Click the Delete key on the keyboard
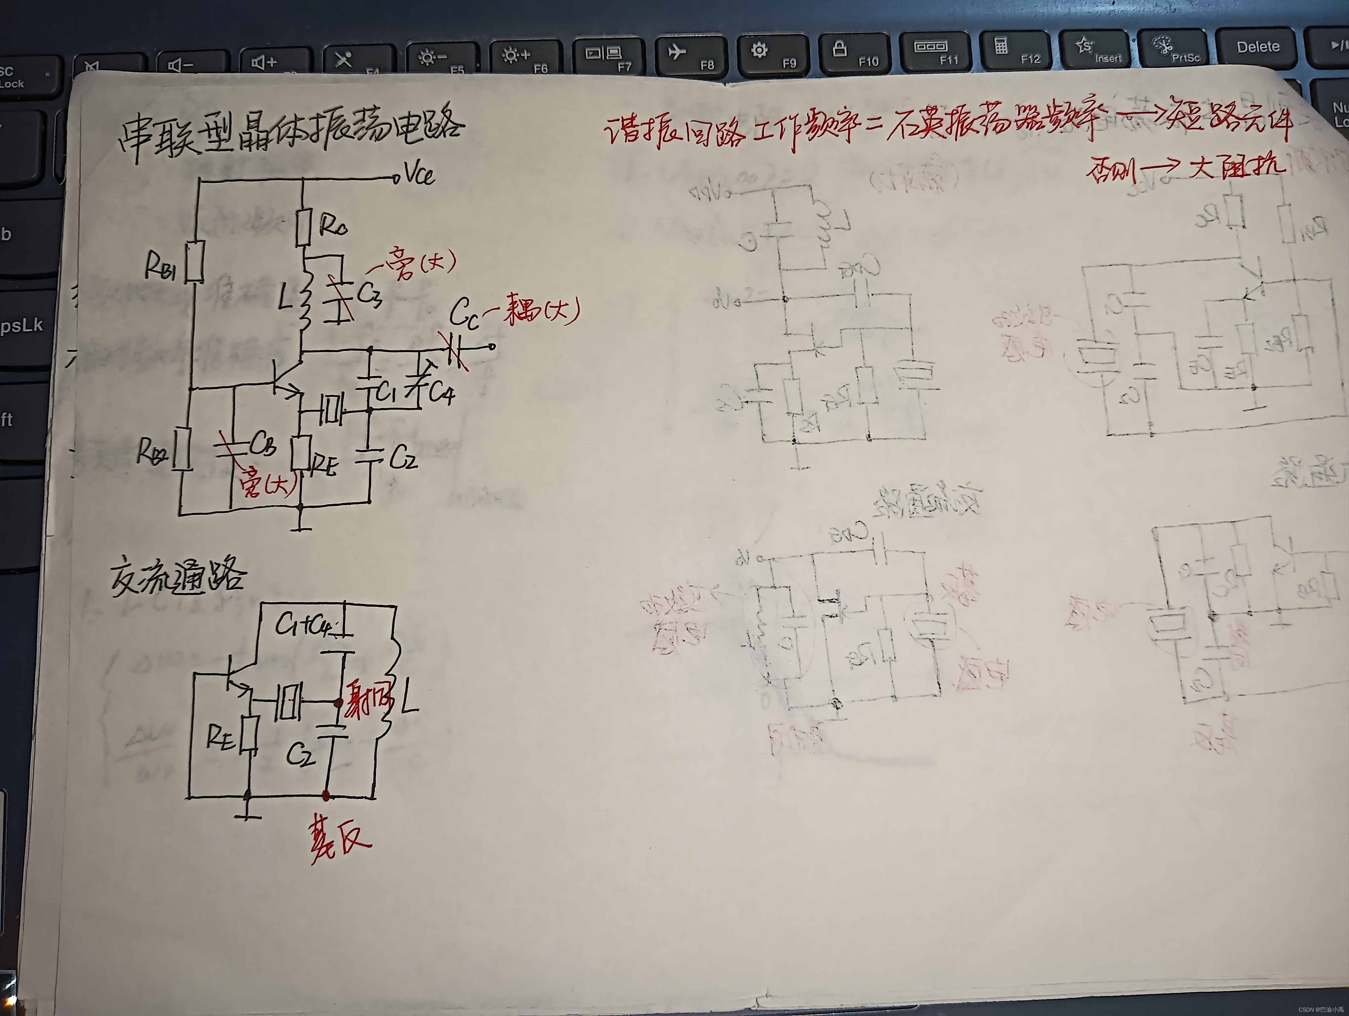pos(1257,47)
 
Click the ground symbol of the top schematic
pos(301,525)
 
